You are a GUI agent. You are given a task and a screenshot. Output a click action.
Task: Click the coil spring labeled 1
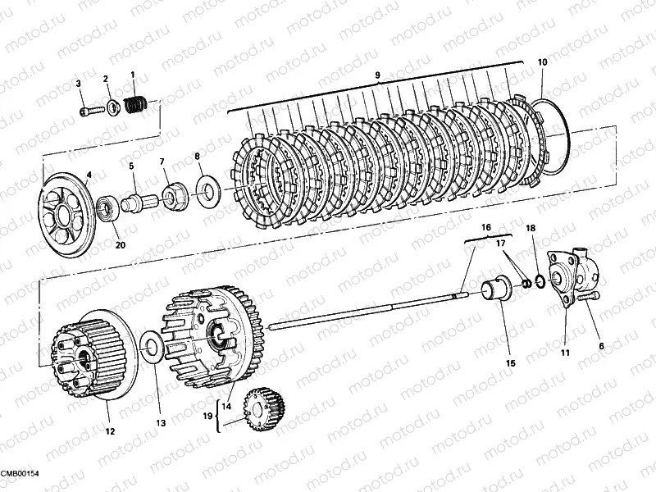pos(136,105)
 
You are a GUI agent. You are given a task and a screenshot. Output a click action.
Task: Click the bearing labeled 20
pos(109,209)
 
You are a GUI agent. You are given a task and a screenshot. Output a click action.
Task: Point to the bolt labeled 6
pos(588,298)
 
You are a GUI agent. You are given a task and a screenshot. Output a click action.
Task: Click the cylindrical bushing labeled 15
pos(498,289)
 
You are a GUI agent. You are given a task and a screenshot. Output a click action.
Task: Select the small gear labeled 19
pos(264,408)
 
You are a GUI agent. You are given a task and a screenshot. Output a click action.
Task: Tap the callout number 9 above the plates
pos(377,75)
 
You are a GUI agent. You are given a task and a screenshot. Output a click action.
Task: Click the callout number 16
pos(486,228)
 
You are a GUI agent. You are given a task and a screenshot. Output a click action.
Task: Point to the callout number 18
pos(531,228)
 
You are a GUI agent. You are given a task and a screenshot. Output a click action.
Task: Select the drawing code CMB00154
pos(20,473)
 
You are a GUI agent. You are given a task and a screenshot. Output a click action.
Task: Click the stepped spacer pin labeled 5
pos(139,203)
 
